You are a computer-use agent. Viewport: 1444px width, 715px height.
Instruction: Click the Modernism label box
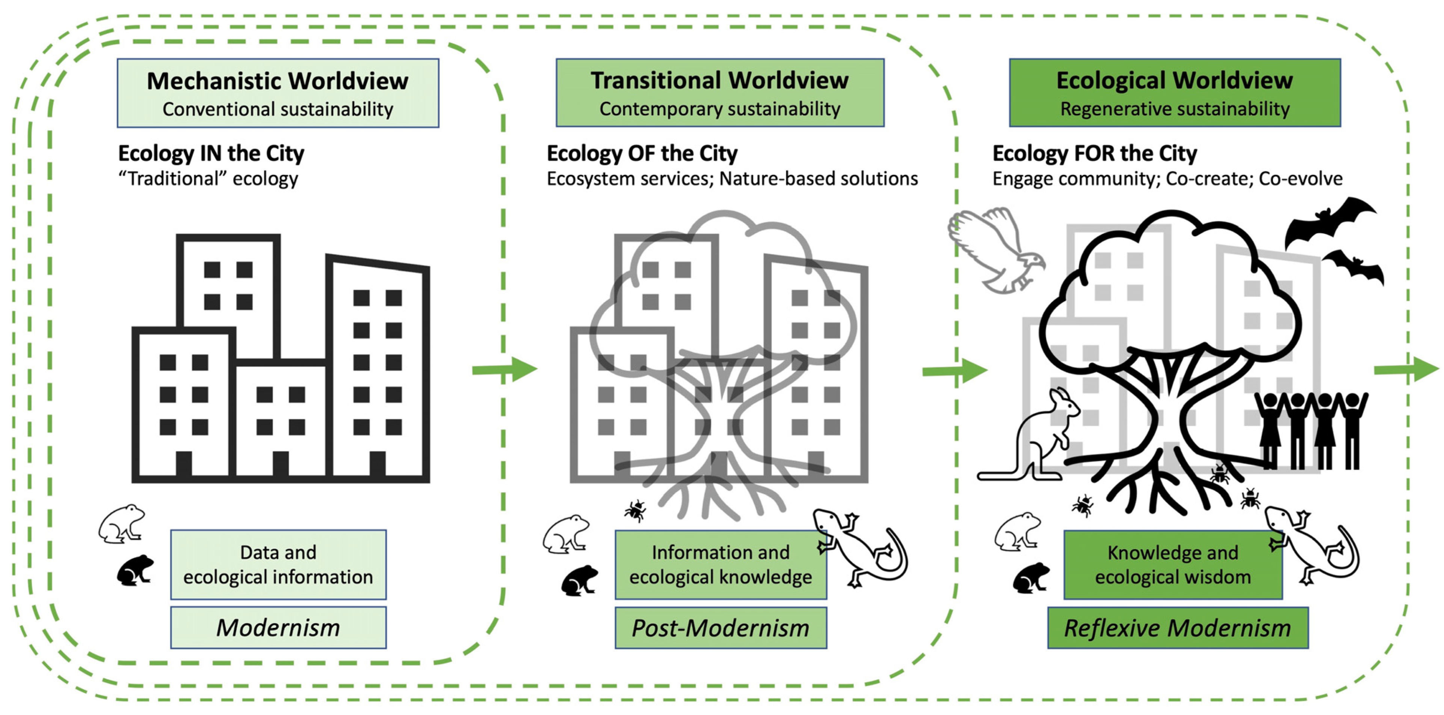278,628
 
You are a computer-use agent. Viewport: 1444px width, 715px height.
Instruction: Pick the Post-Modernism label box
720,628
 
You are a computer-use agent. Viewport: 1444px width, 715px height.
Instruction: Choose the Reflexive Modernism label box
1177,628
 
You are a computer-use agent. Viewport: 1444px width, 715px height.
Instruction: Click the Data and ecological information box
278,564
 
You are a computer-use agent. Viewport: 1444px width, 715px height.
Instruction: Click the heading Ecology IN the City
211,153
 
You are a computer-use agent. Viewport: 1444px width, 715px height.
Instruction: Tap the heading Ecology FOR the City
1094,153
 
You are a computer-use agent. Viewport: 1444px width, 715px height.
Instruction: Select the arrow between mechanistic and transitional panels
504,369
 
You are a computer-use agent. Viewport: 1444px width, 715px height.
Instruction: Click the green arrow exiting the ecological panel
1406,369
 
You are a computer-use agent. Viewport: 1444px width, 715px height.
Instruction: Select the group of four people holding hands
1311,429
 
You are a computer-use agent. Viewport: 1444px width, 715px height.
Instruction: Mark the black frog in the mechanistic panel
134,570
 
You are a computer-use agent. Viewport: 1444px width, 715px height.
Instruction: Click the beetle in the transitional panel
635,510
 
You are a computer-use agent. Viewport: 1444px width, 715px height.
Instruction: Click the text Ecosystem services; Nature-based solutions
731,179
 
